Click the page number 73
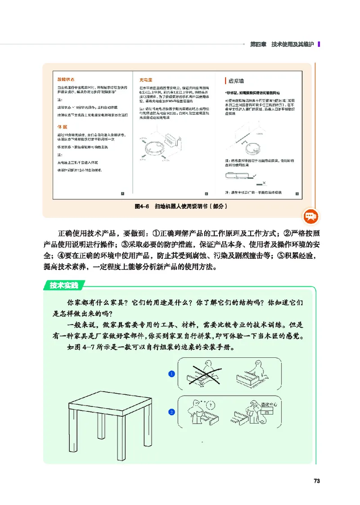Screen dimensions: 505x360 click(316, 481)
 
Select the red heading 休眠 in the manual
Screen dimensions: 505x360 click(62, 127)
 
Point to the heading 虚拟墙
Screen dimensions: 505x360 click(236, 81)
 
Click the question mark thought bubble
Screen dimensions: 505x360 click(212, 403)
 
